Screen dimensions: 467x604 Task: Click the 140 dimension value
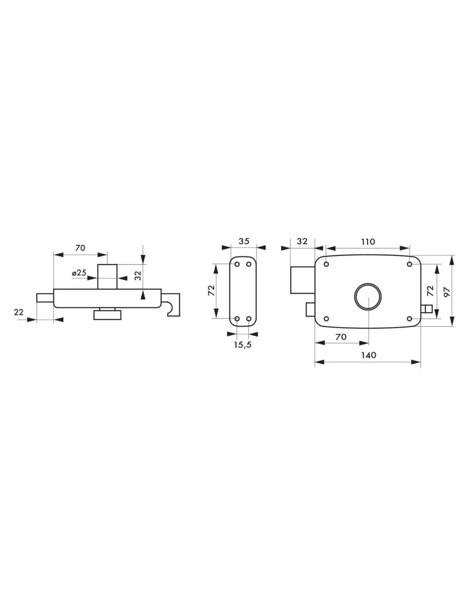point(369,355)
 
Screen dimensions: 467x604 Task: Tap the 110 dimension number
point(368,242)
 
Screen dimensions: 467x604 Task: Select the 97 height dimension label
point(447,292)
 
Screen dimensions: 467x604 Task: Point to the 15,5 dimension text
point(242,344)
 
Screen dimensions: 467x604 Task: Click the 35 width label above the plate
point(244,241)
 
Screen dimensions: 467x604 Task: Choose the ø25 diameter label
point(79,273)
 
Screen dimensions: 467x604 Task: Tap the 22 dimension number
point(19,312)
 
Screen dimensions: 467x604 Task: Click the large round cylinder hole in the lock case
point(368,296)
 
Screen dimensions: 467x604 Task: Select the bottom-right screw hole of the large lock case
point(409,319)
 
